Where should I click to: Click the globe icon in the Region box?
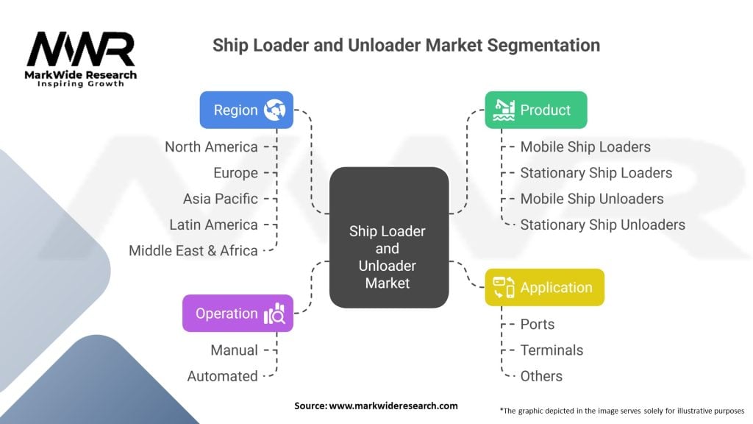coord(275,110)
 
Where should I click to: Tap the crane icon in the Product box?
coord(504,110)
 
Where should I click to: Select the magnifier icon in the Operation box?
coord(275,314)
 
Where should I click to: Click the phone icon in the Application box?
coord(504,288)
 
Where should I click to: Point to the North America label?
coord(211,146)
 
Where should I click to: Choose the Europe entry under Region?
coord(236,172)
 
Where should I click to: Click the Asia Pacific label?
coord(221,199)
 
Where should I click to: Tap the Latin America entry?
coord(214,225)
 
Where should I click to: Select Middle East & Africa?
coord(193,250)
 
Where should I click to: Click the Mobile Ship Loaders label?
coord(585,146)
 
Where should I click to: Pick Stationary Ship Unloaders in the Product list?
coord(603,225)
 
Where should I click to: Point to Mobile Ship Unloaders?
coord(592,199)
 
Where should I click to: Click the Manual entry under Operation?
coord(235,350)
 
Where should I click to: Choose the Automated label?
coord(222,376)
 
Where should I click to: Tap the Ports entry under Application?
coord(538,324)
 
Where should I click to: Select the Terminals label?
coord(552,350)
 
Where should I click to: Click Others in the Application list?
coord(541,376)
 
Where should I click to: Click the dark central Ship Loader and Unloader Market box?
coord(389,238)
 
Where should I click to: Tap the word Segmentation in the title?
coord(543,45)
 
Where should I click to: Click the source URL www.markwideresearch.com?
coord(393,406)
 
